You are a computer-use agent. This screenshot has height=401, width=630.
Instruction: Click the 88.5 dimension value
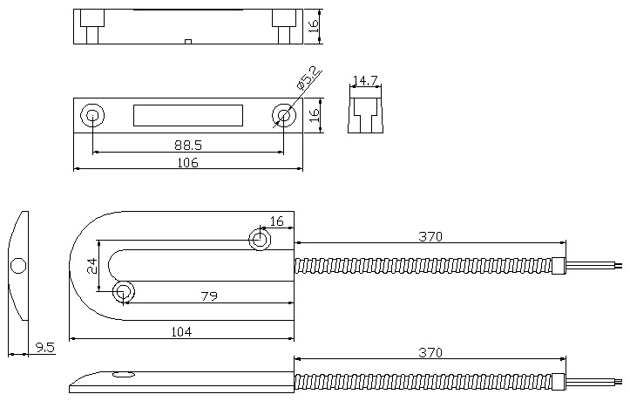tap(187, 145)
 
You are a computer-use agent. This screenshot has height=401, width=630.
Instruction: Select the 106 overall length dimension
tap(187, 162)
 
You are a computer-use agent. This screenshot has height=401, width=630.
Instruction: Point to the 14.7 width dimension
tap(365, 81)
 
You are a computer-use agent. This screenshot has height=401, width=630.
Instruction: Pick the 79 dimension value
tap(208, 296)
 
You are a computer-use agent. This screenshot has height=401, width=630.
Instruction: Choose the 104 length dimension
tap(181, 331)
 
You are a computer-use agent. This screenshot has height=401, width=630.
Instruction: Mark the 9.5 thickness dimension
tap(45, 347)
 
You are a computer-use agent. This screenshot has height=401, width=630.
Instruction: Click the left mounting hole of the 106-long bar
tap(91, 115)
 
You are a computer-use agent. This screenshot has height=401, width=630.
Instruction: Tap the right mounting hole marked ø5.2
tap(283, 115)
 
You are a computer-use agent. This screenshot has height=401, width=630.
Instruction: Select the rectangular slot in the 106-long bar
tap(187, 115)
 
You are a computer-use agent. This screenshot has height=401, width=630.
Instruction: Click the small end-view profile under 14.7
tap(365, 114)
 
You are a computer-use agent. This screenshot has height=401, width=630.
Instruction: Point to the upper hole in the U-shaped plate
tap(259, 239)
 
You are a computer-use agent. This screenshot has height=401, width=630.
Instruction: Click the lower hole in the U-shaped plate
tap(123, 290)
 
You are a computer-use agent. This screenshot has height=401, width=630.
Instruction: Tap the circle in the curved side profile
tap(18, 264)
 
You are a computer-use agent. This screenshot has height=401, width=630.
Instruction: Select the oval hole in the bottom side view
tap(124, 375)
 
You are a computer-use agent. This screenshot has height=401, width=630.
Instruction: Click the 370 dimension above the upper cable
tap(430, 235)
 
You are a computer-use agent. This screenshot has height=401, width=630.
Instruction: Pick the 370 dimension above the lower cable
tap(430, 352)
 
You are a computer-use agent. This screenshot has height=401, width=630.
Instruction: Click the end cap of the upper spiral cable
tap(559, 266)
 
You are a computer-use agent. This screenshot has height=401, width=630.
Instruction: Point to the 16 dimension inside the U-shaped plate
tap(276, 221)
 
